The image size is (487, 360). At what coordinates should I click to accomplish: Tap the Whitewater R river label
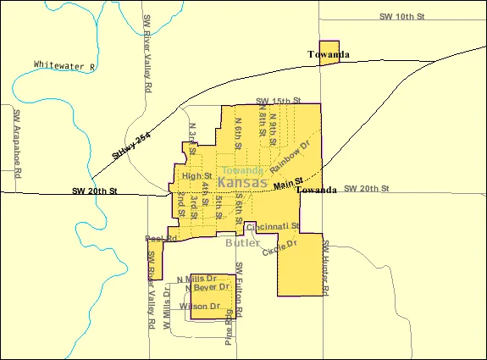coord(65,65)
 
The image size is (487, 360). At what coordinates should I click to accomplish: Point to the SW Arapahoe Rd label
coord(16,140)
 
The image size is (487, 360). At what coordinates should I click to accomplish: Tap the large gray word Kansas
coord(242,183)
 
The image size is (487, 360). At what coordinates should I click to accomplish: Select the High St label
coord(196,176)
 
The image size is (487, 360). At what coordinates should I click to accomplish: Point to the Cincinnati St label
coord(273,226)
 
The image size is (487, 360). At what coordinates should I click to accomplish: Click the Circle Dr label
coord(280,248)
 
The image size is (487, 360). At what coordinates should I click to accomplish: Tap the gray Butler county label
coord(243,243)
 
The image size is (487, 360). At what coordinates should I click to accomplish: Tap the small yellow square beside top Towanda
coord(329,50)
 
